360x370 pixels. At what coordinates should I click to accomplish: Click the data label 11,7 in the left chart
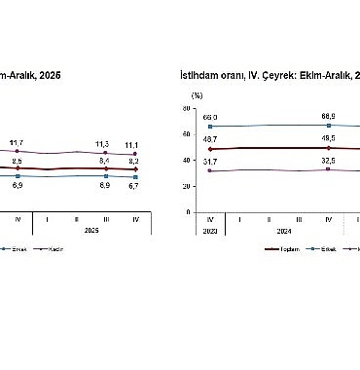tap(17, 143)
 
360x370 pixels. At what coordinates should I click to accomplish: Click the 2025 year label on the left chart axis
tap(90, 232)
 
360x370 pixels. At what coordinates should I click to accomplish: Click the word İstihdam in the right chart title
tap(199, 75)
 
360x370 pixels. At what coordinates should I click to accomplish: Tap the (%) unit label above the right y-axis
tap(197, 95)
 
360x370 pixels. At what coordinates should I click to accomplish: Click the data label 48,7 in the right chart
tap(209, 140)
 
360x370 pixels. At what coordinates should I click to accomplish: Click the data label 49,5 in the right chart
tap(329, 139)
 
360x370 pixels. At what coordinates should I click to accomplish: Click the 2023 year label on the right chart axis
tap(209, 232)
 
